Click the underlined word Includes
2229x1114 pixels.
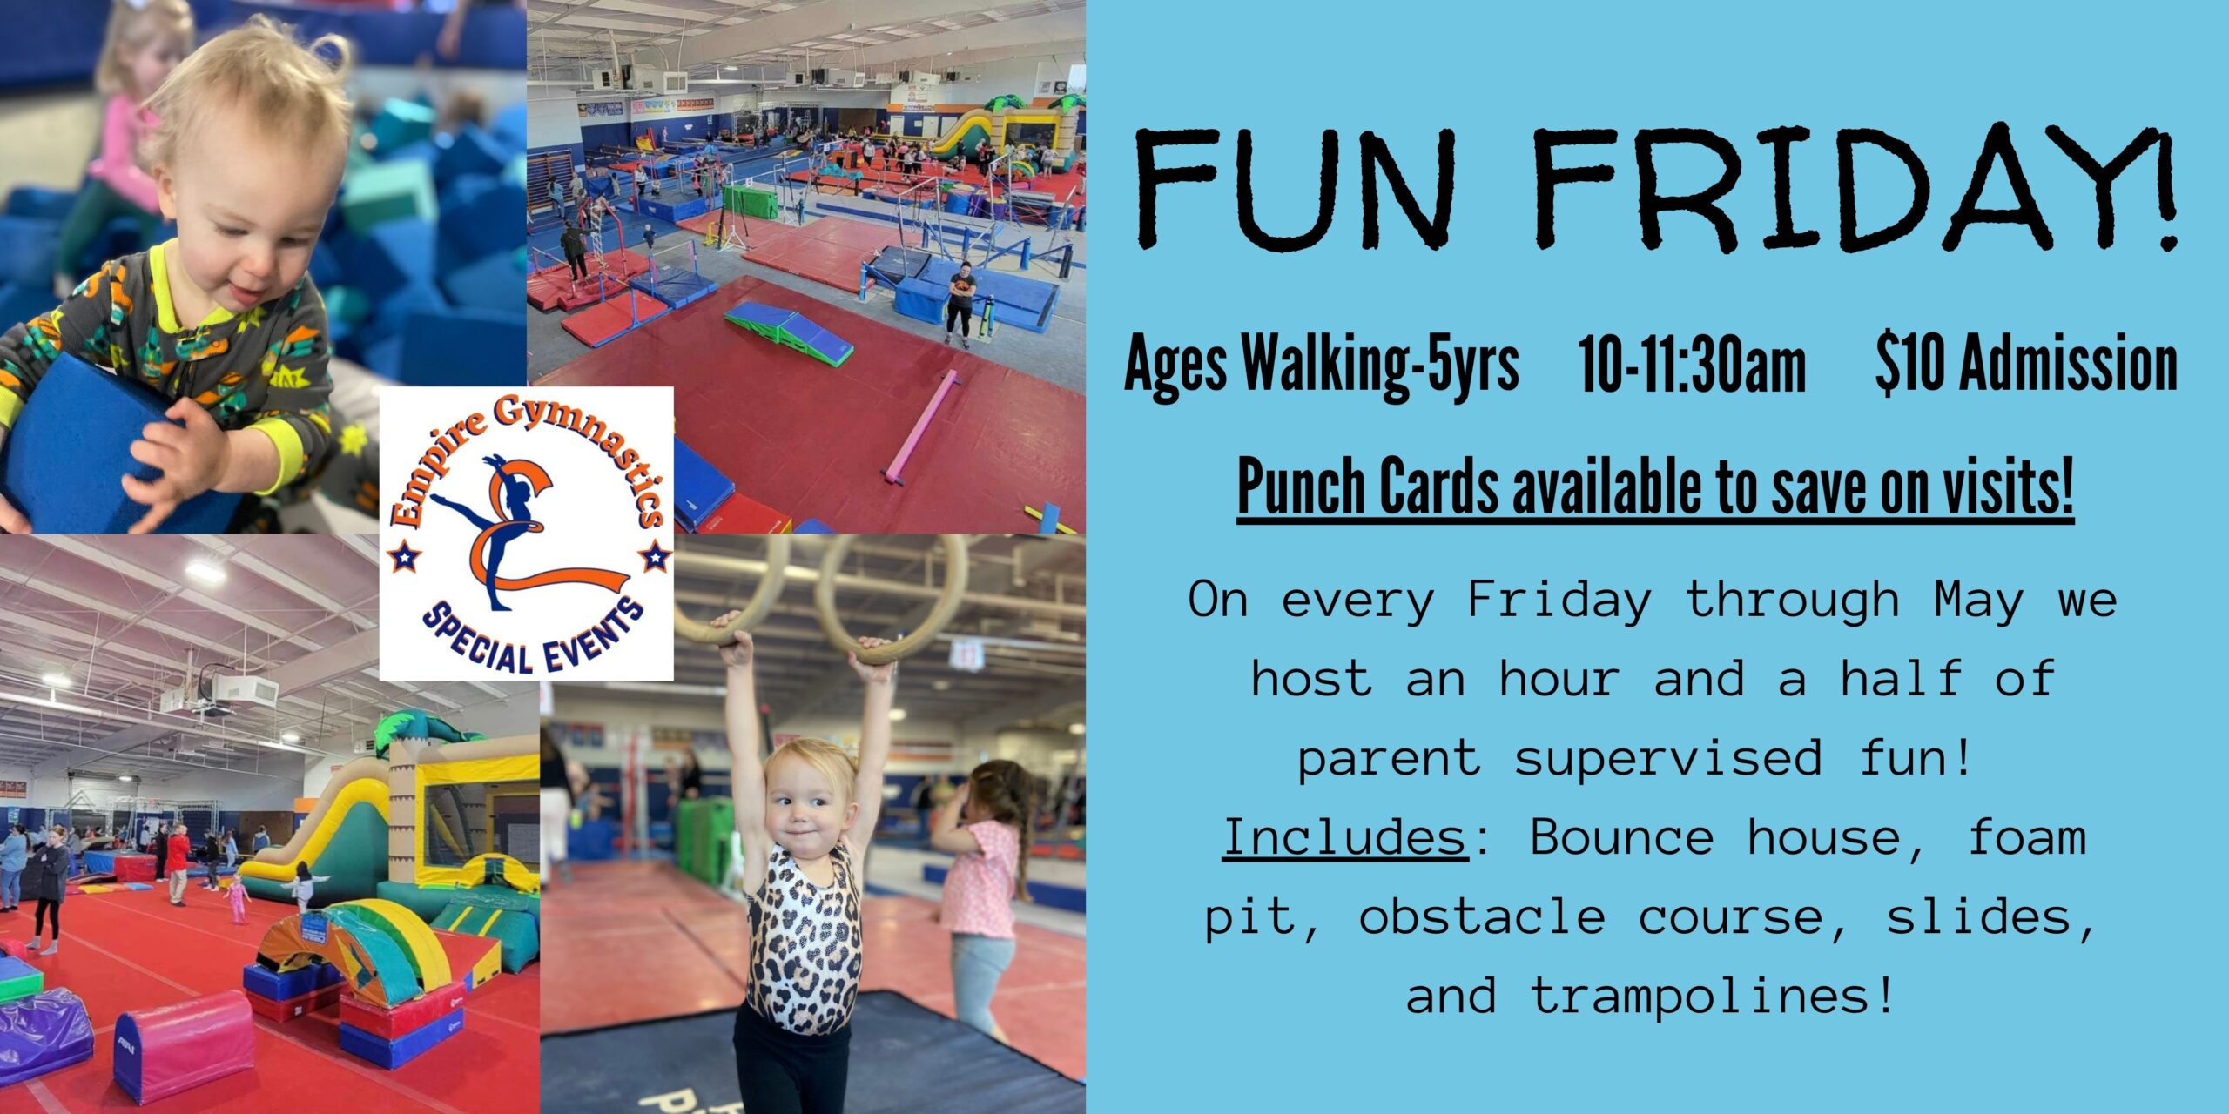coord(1345,836)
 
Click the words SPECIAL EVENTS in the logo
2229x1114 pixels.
coord(532,641)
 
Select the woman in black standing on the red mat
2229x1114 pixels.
coord(960,305)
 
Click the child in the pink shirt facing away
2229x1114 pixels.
coord(984,896)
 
